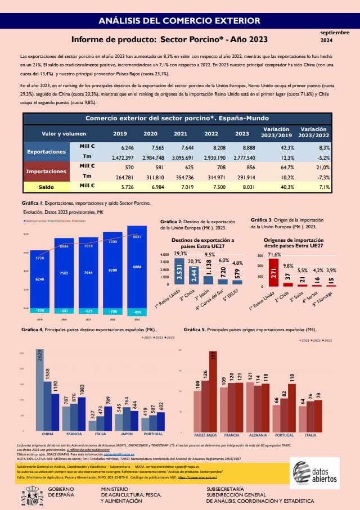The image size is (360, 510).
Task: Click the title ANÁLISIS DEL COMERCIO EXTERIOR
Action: [x=179, y=21]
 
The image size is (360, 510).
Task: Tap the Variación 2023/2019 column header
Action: [x=276, y=133]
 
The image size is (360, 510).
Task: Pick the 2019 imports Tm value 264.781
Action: [x=120, y=176]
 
